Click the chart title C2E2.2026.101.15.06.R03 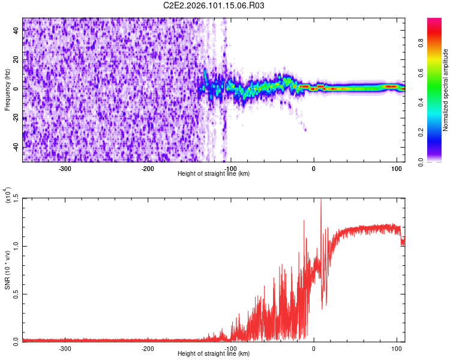point(214,5)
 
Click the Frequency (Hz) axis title point(7,90)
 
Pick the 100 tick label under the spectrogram point(396,168)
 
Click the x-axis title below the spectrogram point(214,173)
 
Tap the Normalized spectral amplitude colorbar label point(445,89)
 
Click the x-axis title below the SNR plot point(214,353)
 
